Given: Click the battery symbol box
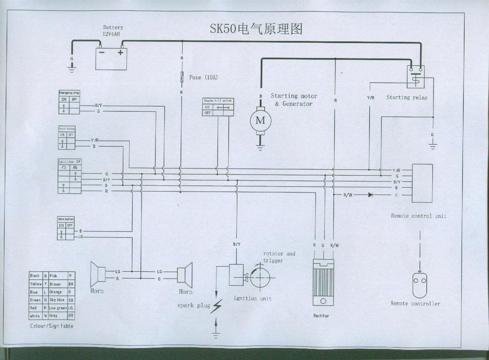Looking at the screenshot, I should pyautogui.click(x=111, y=58).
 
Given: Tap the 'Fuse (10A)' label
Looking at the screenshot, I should pyautogui.click(x=203, y=77).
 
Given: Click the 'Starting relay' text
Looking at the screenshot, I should pyautogui.click(x=406, y=97).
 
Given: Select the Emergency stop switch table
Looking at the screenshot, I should pyautogui.click(x=69, y=102).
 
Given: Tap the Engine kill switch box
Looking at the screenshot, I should pyautogui.click(x=218, y=107).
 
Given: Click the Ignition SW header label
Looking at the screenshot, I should pyautogui.click(x=69, y=162).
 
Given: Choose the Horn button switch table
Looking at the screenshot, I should pyautogui.click(x=66, y=228).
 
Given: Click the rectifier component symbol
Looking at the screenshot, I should pyautogui.click(x=323, y=282).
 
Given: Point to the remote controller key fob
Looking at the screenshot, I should pyautogui.click(x=420, y=284).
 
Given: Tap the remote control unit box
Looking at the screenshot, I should pyautogui.click(x=422, y=183).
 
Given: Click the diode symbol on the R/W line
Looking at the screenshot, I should pyautogui.click(x=370, y=195).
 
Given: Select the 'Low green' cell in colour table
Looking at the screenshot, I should pyautogui.click(x=58, y=308).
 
